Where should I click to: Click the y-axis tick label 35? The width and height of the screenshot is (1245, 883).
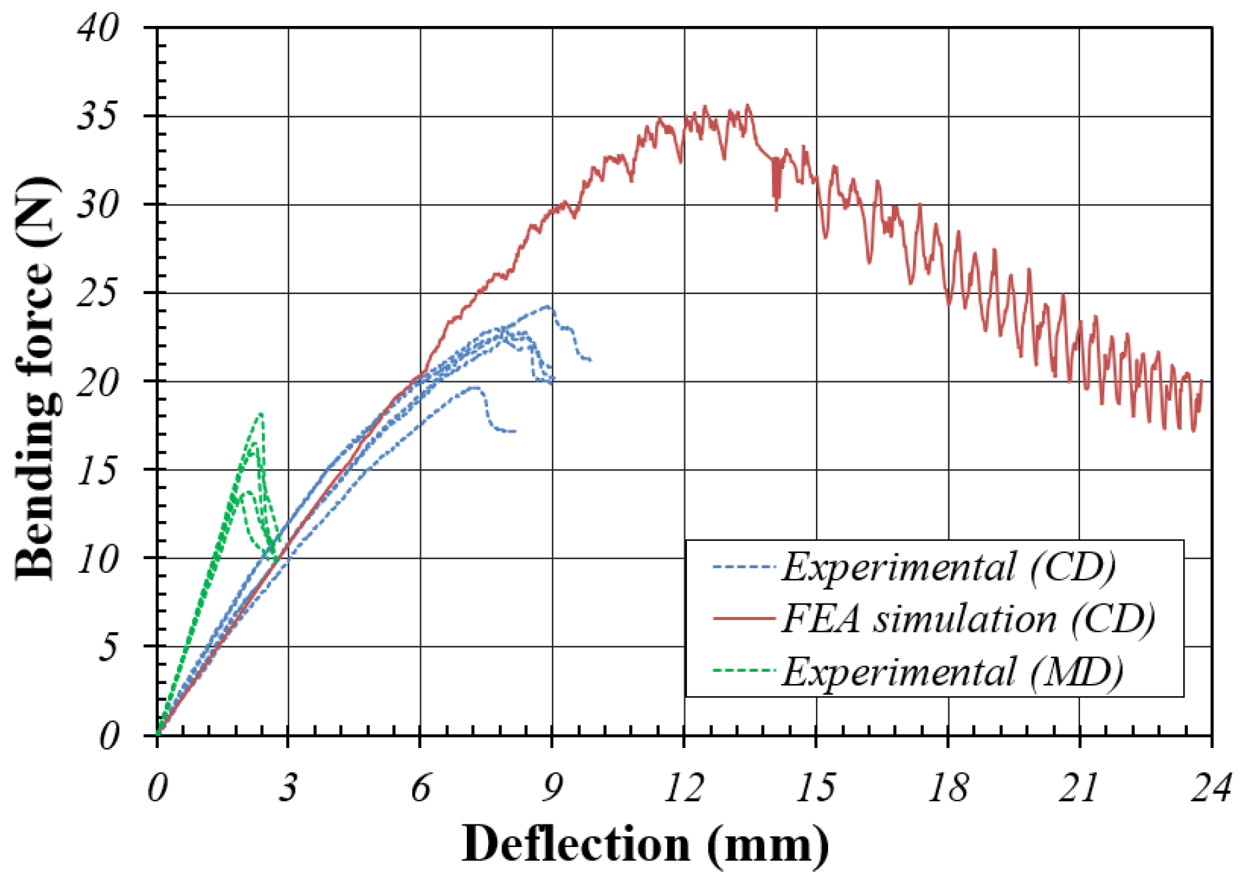click(x=98, y=116)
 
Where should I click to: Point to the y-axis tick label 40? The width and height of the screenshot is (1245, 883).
click(x=98, y=28)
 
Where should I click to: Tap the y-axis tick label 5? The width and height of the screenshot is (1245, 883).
click(x=108, y=646)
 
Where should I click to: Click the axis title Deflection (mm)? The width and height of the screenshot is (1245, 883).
click(x=645, y=844)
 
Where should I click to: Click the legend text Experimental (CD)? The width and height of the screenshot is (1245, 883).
click(x=948, y=567)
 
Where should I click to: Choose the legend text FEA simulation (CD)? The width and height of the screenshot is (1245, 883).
click(x=968, y=619)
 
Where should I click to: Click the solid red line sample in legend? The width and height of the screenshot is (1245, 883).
click(x=744, y=619)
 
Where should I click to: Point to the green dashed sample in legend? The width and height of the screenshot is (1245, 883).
click(x=744, y=671)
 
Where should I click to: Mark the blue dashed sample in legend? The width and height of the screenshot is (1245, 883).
click(x=744, y=567)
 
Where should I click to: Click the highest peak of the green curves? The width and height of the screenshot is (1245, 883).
click(x=261, y=413)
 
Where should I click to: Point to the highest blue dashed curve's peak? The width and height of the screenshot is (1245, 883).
click(x=548, y=307)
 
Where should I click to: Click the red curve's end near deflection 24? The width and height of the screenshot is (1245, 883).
click(x=1202, y=381)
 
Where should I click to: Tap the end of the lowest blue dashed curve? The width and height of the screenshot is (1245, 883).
click(x=515, y=431)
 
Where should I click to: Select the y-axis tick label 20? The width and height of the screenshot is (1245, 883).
click(x=98, y=381)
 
